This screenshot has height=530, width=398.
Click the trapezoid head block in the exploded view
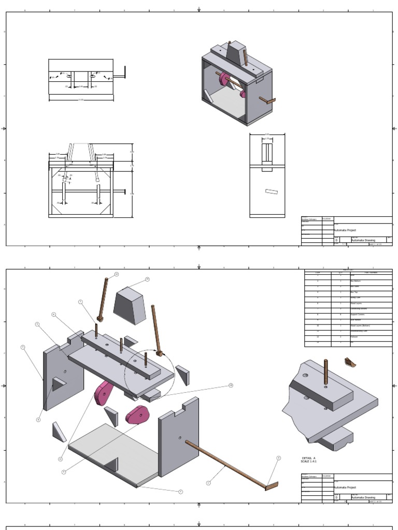pyautogui.click(x=130, y=306)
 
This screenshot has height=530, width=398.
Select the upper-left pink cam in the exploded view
pyautogui.click(x=103, y=393)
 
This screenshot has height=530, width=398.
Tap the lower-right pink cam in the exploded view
pyautogui.click(x=137, y=414)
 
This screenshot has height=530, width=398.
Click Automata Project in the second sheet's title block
pyautogui.click(x=346, y=488)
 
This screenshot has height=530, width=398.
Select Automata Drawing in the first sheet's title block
pyautogui.click(x=363, y=240)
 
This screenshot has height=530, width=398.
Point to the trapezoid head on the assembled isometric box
pyautogui.click(x=236, y=52)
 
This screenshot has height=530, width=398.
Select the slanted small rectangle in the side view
pyautogui.click(x=272, y=192)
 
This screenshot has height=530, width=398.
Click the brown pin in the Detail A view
pyautogui.click(x=326, y=372)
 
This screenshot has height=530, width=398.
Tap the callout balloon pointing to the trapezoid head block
pyautogui.click(x=147, y=279)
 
